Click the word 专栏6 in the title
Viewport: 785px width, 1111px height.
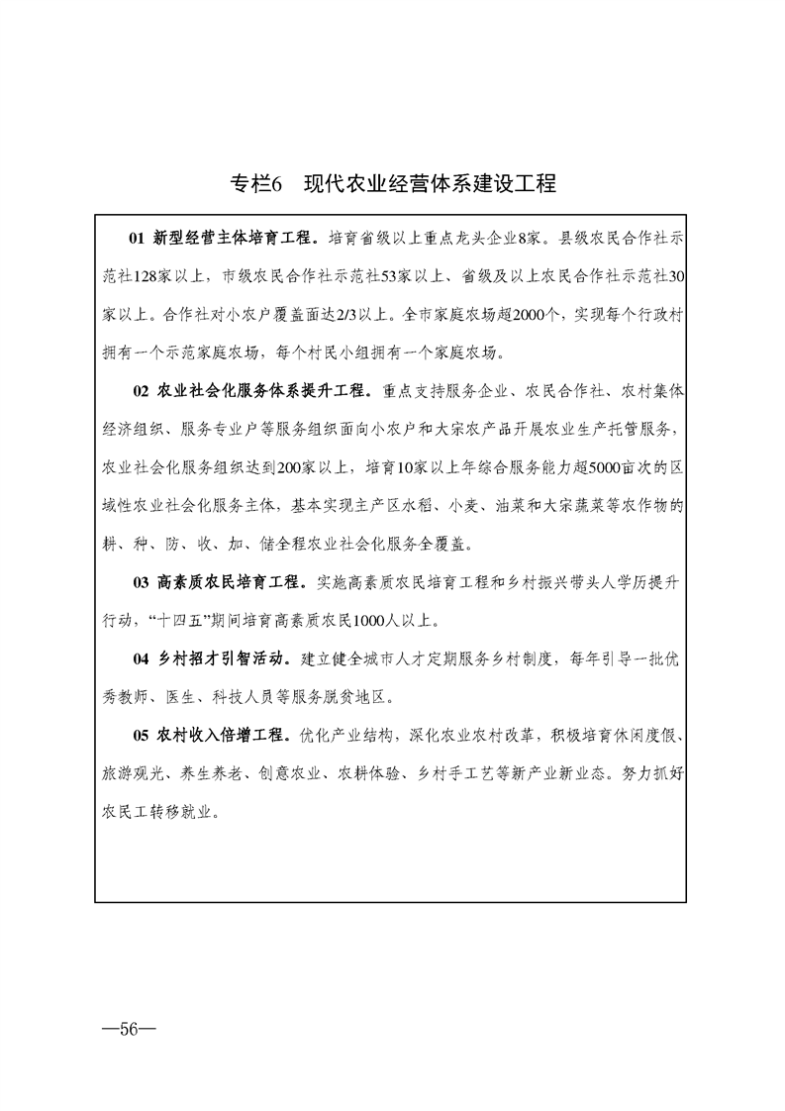(x=257, y=184)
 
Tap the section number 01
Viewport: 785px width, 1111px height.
(x=138, y=238)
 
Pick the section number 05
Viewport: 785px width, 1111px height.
(x=138, y=736)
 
